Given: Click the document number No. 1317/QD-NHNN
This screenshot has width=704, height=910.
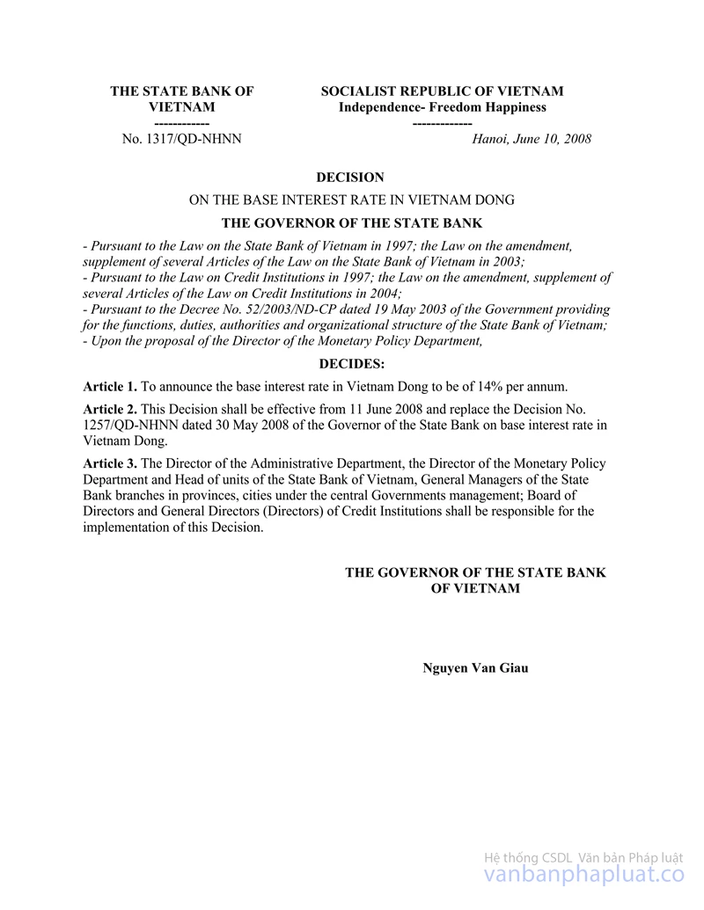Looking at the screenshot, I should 181,139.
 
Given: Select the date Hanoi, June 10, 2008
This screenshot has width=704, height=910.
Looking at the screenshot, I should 532,139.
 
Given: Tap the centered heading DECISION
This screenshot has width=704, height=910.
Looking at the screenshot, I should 350,178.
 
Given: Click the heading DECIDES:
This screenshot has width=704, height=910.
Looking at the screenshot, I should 351,363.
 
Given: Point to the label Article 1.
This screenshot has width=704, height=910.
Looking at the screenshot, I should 110,387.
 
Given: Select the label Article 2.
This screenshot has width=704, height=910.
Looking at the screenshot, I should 110,410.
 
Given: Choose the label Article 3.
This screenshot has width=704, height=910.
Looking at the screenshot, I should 110,463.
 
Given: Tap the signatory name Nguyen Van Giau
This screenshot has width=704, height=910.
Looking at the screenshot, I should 475,667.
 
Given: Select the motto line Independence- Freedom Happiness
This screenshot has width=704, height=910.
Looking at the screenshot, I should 443,107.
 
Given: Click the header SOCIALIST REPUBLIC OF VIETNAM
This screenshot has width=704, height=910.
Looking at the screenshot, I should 442,91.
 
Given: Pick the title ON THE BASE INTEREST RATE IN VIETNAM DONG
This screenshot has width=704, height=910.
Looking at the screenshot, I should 352,200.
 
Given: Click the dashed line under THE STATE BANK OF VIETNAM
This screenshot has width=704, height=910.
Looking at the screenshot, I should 181,123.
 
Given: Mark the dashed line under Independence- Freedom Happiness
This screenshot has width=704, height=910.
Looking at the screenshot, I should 442,123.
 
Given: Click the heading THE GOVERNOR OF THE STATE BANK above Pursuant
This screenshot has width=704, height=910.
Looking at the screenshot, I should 352,223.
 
